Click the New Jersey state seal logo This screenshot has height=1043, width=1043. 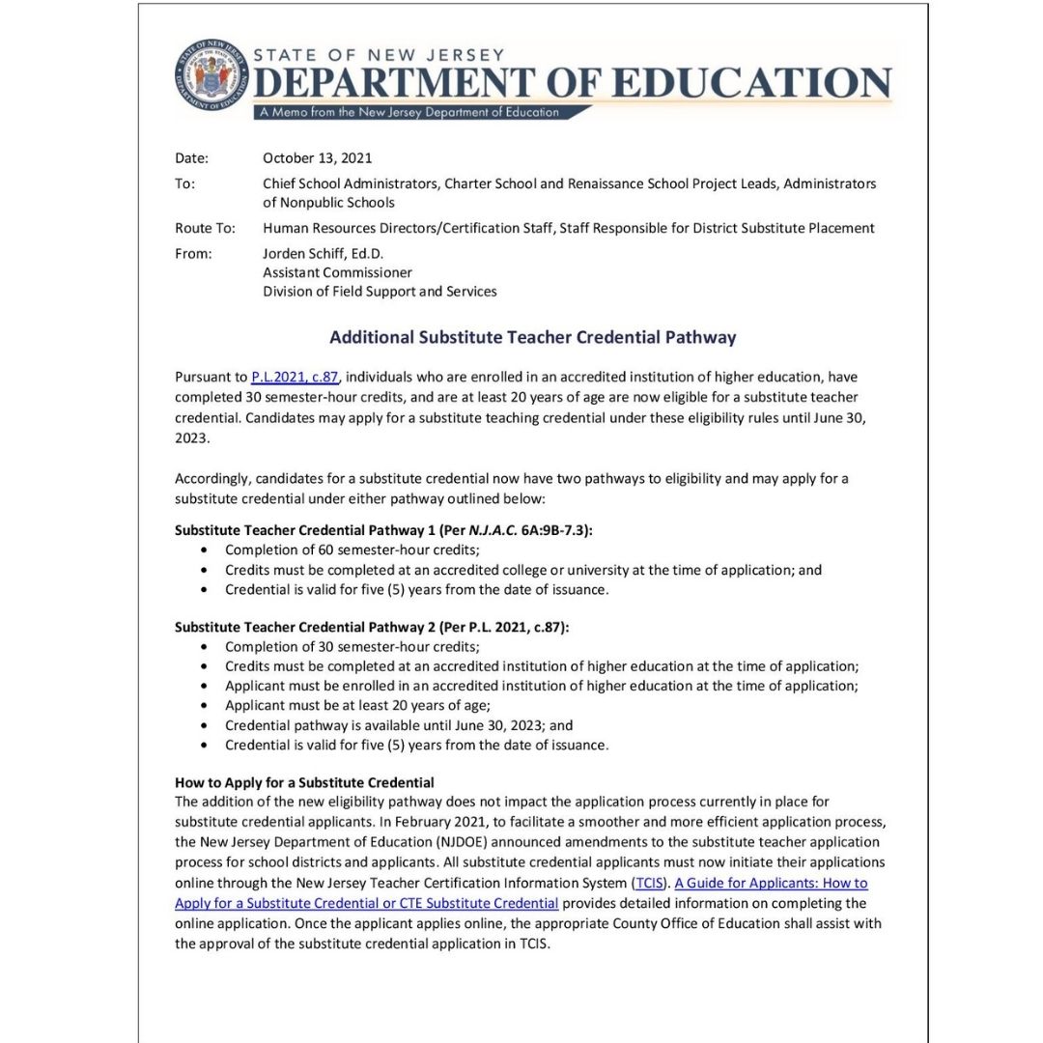tap(211, 75)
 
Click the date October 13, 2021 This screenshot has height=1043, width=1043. tap(317, 158)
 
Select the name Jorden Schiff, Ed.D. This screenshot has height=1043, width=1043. tap(323, 253)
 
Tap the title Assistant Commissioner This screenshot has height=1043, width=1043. tap(337, 272)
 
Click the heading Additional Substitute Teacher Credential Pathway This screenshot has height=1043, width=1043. tap(532, 337)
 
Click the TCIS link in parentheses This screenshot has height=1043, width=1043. tap(649, 883)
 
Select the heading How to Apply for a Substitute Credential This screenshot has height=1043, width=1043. tap(304, 782)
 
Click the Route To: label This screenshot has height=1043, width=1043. tap(205, 228)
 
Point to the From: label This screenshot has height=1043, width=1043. tap(193, 253)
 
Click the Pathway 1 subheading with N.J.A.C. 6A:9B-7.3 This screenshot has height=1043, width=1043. tap(383, 530)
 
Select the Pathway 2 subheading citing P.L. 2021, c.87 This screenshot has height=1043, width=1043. tap(372, 627)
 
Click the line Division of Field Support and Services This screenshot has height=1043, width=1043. tap(380, 292)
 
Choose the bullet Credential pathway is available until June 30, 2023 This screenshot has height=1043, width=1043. tap(399, 725)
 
